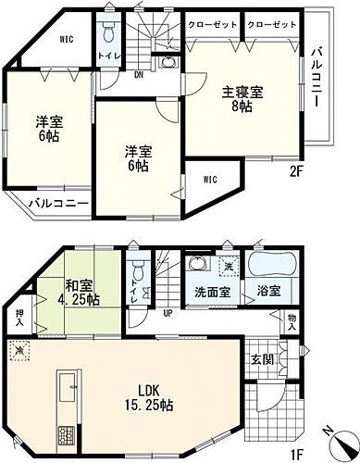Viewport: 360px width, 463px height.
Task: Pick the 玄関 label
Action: [x=262, y=357]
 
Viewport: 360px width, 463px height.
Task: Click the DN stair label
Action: [x=136, y=74]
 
